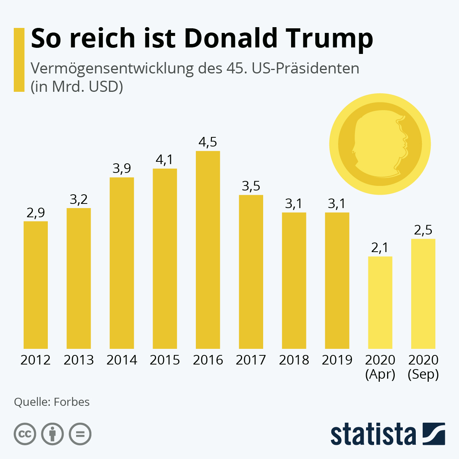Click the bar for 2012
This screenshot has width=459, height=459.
click(x=36, y=285)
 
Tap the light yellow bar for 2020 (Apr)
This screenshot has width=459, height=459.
click(x=380, y=302)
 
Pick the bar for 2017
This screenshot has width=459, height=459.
click(x=251, y=272)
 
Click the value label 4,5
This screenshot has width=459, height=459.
click(x=208, y=142)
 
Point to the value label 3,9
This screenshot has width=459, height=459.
click(x=122, y=169)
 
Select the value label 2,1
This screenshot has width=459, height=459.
click(x=380, y=248)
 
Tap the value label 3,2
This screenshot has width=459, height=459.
click(x=79, y=199)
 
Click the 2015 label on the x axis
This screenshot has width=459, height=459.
click(x=165, y=360)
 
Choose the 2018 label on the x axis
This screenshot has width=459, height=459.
click(x=294, y=360)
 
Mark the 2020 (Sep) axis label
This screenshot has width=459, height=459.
click(x=423, y=367)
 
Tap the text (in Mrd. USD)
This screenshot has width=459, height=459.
click(x=76, y=87)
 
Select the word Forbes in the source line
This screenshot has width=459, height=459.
click(x=72, y=402)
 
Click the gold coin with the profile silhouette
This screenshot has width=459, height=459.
click(x=380, y=145)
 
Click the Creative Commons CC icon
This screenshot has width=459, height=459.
click(x=25, y=434)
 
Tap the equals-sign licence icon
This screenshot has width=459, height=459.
click(x=80, y=434)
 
